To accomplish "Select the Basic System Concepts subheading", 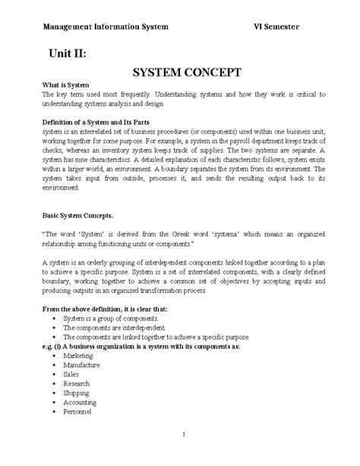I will [77, 216].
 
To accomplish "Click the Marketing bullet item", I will [78, 354].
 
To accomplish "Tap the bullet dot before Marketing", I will [51, 355].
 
